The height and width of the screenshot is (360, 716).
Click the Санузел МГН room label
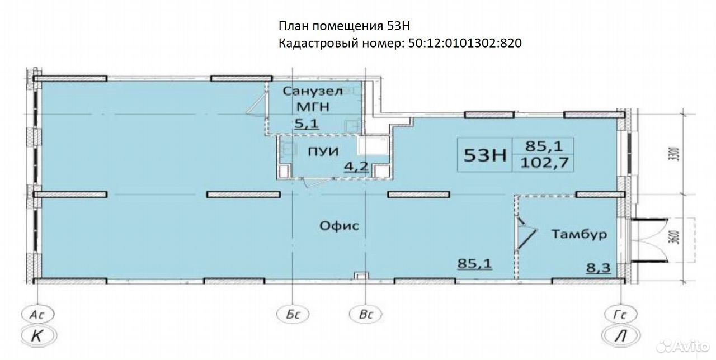point(313,99)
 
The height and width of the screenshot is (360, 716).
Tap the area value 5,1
point(307,124)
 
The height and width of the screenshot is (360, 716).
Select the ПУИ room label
point(323,151)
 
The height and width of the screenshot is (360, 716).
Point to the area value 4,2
point(356,167)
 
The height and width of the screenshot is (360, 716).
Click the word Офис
point(339,226)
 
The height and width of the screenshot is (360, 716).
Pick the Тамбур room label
point(579,234)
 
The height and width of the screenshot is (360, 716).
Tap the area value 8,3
point(599,268)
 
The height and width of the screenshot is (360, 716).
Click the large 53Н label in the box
point(485,155)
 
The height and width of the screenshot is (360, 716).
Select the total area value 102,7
point(544,163)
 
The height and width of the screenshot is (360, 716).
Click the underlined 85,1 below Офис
point(475,264)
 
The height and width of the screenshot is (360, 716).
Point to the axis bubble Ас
point(37,314)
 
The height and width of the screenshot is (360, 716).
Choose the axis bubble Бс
point(293,314)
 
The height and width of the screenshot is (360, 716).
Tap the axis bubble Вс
point(366,314)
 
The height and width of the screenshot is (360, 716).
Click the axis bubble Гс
point(620,314)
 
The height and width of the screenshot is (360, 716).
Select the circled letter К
point(38,336)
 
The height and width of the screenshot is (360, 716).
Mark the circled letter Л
point(621,336)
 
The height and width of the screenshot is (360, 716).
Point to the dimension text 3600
point(675,237)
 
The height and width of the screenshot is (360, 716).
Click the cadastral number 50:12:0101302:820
point(465,43)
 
